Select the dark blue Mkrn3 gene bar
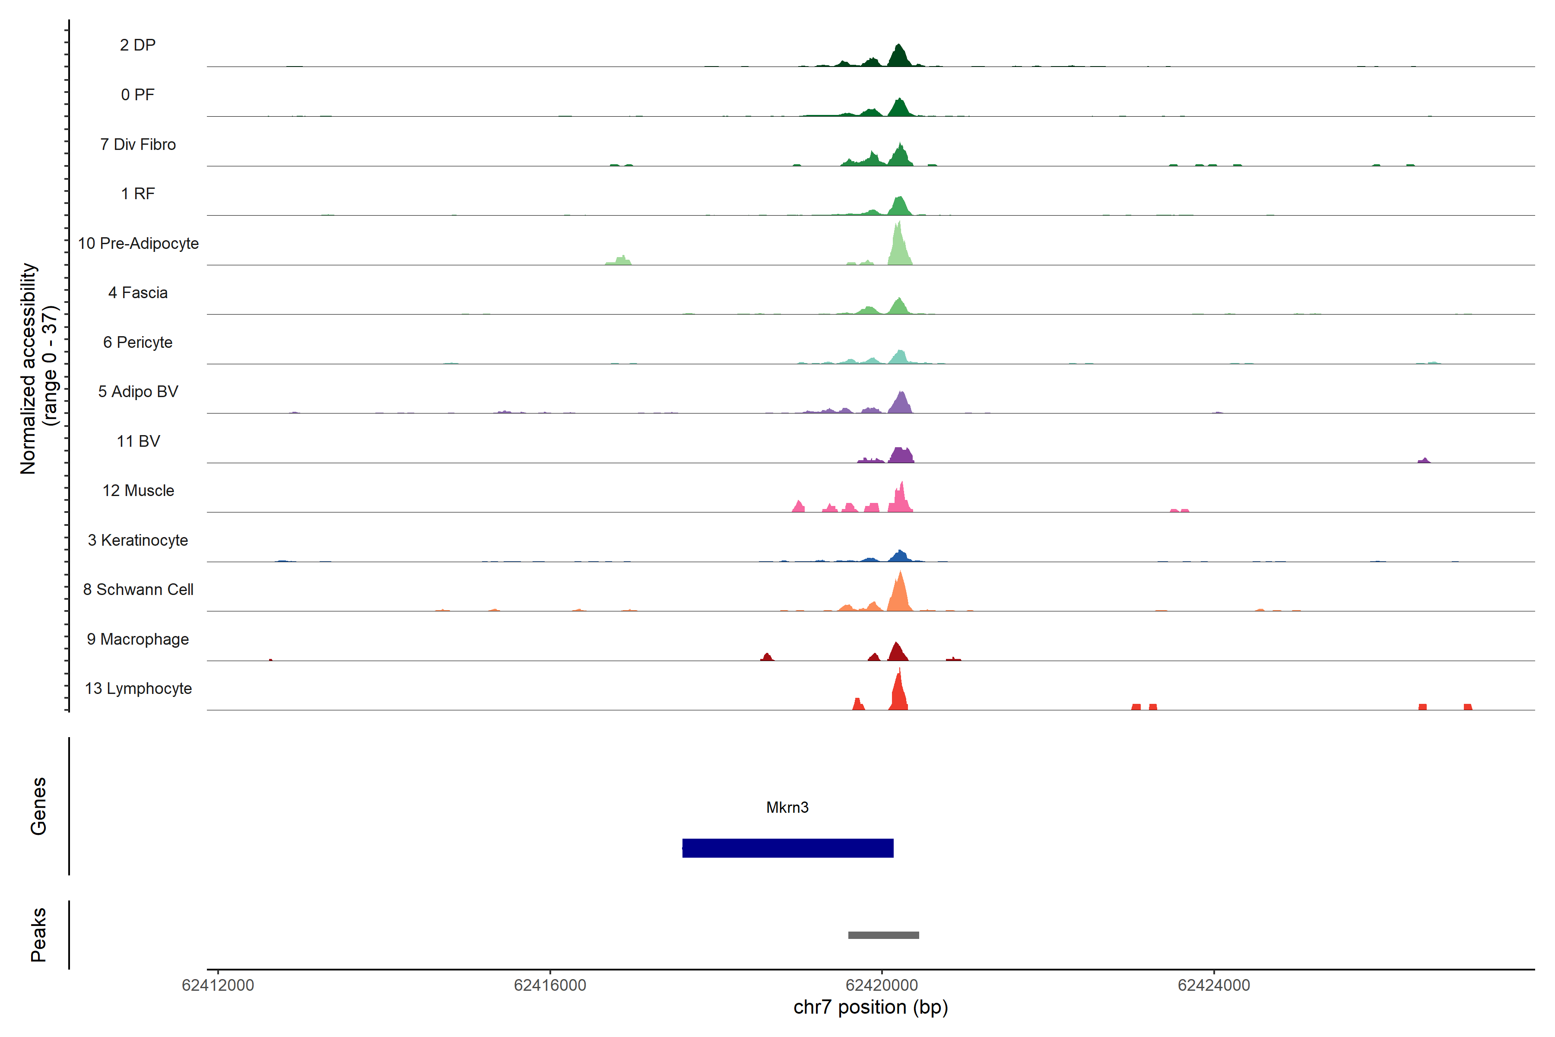[x=787, y=848]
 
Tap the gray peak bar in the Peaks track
[x=883, y=935]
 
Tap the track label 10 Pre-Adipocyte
[x=138, y=243]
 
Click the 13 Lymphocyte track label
[x=138, y=688]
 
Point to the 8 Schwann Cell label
[x=138, y=589]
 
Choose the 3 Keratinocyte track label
[x=138, y=541]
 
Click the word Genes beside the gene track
[x=38, y=806]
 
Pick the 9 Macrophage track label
[x=138, y=639]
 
